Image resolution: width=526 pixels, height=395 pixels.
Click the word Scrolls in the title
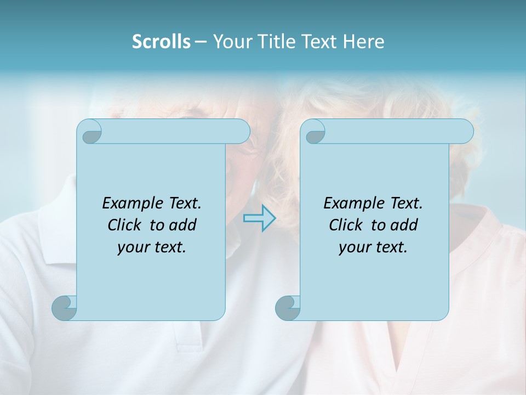coord(161,42)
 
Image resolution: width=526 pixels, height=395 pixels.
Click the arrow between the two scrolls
coord(259,218)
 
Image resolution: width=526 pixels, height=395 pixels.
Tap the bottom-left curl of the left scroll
coord(65,308)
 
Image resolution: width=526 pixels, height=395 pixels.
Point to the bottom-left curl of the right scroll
coord(288,308)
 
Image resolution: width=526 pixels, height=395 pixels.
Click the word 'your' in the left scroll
coord(132,247)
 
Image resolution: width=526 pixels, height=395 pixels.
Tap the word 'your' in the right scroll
coord(353,247)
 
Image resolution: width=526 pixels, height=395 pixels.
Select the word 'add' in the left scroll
coord(182,225)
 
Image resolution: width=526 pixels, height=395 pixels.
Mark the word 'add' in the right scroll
coord(404,225)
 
